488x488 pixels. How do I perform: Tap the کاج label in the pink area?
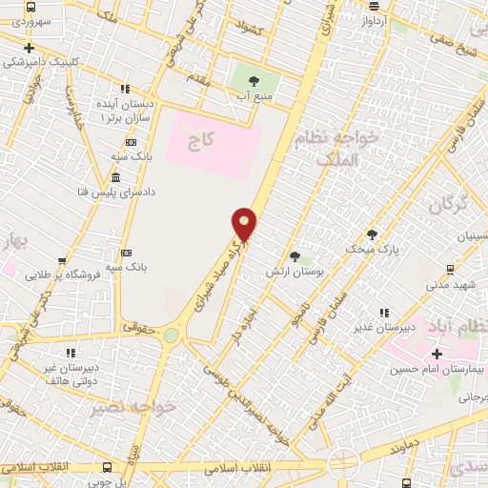point(200,141)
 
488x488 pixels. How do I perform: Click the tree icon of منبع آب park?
point(254,81)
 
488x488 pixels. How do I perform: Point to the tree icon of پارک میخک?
point(372,234)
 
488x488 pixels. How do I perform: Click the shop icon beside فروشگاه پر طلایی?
point(62,260)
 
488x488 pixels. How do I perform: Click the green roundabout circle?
point(171,335)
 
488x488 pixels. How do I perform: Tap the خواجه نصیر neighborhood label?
point(133,409)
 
